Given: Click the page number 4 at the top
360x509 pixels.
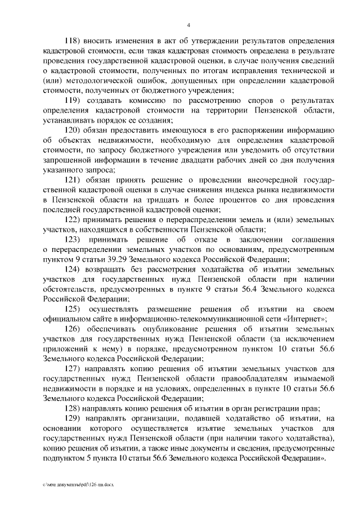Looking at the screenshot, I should point(189,25).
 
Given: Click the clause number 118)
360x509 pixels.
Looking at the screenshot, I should point(75,42).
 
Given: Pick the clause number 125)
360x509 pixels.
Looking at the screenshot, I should point(75,308).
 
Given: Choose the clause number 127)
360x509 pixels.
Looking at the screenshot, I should point(75,369).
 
